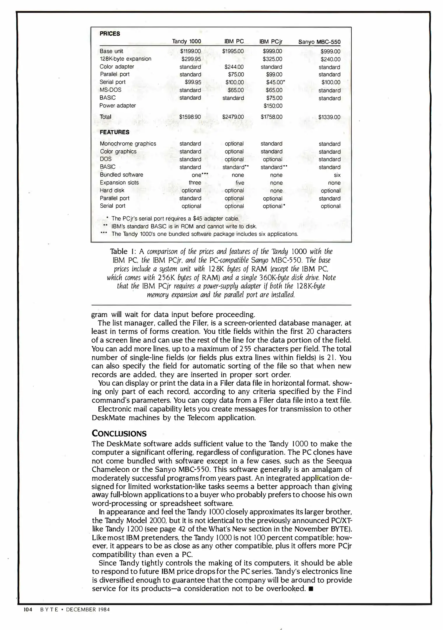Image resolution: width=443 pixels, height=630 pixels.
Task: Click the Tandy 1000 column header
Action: point(186,41)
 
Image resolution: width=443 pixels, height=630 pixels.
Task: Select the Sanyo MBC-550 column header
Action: point(319,42)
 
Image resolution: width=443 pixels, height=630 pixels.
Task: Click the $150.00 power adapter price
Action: point(273,106)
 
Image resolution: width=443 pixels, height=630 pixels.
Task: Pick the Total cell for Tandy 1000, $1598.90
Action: point(190,117)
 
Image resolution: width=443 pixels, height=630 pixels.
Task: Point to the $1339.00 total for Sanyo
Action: point(329,117)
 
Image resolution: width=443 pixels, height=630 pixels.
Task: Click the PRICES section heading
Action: point(110,34)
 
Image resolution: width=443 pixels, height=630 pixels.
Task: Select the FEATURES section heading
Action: point(114,132)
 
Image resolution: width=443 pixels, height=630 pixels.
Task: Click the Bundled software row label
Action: point(121,175)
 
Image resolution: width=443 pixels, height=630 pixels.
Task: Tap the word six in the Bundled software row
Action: point(337,175)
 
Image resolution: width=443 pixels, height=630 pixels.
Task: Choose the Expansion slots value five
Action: point(240,183)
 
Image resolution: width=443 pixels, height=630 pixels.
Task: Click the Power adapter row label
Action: point(117,106)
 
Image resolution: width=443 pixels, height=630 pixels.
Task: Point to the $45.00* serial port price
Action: point(275,83)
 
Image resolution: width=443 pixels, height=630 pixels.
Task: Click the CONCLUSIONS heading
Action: point(119,433)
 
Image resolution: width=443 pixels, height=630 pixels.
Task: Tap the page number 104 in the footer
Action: point(27,609)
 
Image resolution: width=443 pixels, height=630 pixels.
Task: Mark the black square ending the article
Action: point(311,589)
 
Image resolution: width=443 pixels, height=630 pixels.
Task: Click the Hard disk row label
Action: point(112,190)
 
